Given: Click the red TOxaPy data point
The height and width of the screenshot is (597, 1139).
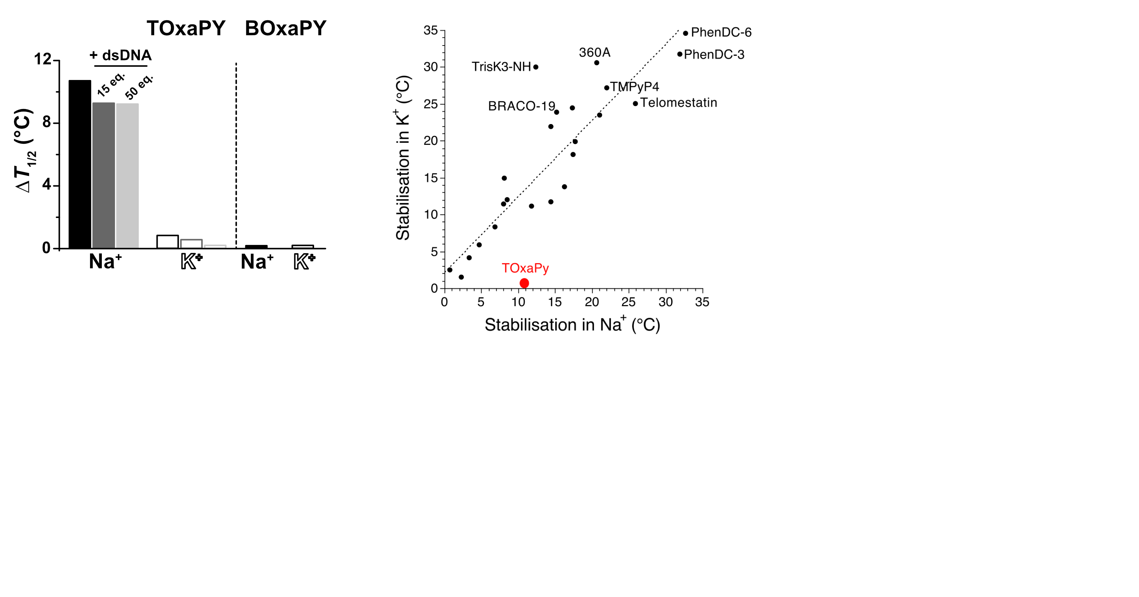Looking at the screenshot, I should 524,283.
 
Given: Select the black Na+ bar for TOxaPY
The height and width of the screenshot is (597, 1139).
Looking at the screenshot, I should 80,164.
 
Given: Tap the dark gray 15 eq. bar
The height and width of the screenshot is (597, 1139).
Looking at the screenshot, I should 104,175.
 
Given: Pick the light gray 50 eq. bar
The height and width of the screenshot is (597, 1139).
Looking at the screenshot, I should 127,176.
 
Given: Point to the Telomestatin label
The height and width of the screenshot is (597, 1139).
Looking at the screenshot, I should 678,103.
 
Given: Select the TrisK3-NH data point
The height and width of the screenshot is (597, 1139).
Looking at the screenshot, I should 536,67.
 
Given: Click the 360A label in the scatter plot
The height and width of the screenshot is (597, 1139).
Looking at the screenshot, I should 594,53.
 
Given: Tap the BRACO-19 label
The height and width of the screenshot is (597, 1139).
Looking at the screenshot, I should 521,106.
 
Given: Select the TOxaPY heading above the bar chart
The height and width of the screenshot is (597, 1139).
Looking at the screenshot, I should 186,28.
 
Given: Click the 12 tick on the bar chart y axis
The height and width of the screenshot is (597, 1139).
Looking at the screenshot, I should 43,59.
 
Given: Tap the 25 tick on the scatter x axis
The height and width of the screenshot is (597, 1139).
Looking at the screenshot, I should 628,302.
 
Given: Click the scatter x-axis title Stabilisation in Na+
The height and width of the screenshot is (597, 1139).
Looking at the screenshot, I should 572,324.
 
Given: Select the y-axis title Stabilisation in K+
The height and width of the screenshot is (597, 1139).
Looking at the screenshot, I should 403,158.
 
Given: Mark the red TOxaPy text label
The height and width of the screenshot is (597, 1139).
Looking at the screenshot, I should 525,268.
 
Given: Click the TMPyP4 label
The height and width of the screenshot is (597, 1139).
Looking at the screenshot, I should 635,87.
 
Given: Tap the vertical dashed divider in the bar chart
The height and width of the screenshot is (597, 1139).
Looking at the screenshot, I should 236,155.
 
